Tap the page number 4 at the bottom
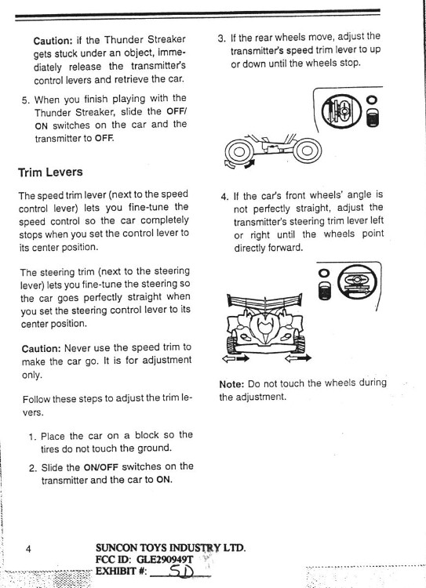click(x=28, y=550)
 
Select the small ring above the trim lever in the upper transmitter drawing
click(x=372, y=101)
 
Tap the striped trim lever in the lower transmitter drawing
click(x=322, y=292)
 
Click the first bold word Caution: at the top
click(x=53, y=40)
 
